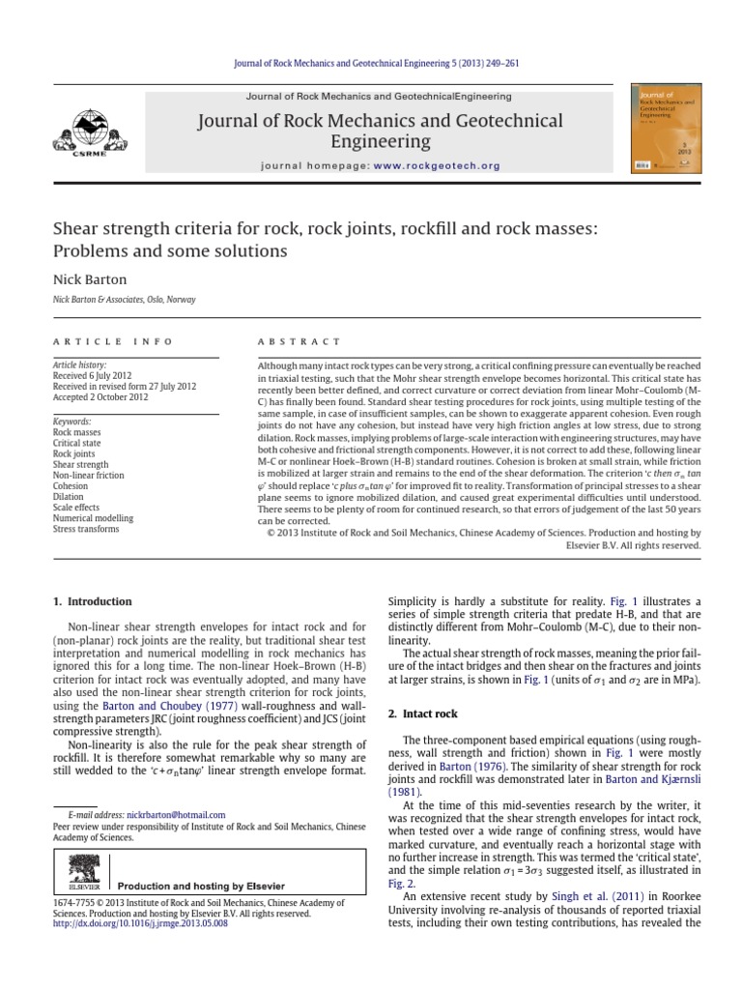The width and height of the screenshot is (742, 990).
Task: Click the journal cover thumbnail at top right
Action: click(x=666, y=131)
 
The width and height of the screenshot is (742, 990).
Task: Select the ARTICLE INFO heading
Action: click(x=113, y=341)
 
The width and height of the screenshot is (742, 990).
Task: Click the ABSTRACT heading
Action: click(x=299, y=341)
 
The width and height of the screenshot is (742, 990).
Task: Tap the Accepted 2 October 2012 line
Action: click(x=100, y=396)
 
